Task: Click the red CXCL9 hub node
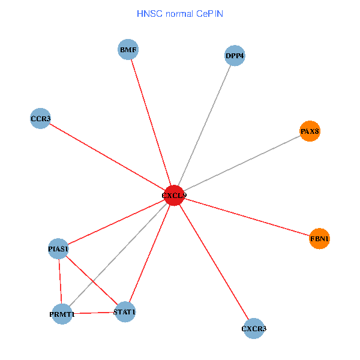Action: click(174, 195)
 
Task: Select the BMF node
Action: click(128, 50)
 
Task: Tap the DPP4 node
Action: click(235, 56)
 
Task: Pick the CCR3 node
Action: click(40, 118)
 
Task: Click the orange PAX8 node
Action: click(310, 131)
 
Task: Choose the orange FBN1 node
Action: click(319, 239)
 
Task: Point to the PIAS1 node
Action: click(58, 248)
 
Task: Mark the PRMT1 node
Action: click(62, 314)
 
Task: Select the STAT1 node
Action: click(125, 311)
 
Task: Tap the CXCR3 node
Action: click(254, 328)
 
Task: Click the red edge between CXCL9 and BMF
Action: click(151, 122)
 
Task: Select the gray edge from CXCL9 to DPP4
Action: click(204, 125)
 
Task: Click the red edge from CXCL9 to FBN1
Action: click(247, 217)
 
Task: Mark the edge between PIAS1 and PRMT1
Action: click(60, 281)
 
